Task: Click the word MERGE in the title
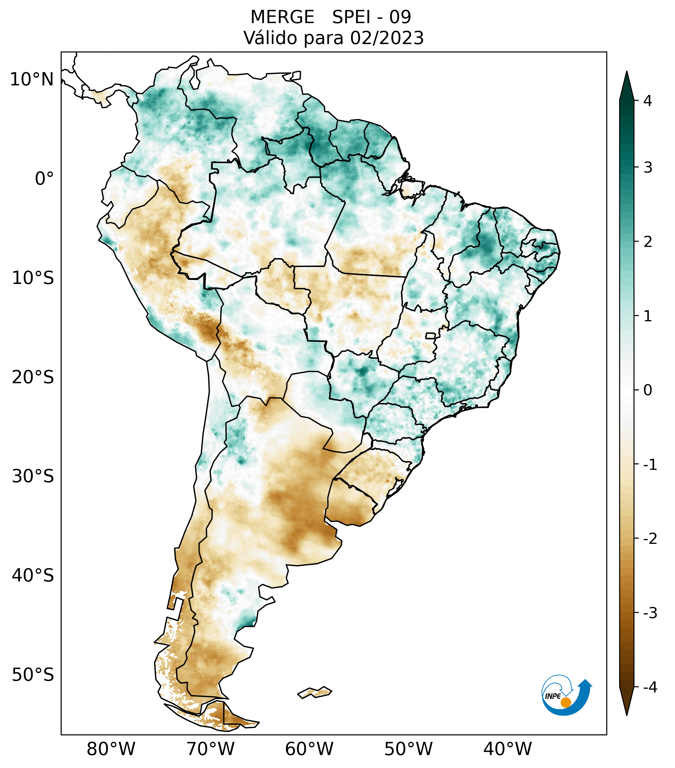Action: [282, 17]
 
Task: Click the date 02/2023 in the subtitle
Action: [387, 38]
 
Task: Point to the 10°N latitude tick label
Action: [32, 80]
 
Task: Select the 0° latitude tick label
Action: [44, 179]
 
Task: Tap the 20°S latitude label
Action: [33, 377]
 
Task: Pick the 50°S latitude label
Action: [33, 675]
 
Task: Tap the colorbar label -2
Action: [650, 539]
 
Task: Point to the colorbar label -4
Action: [650, 687]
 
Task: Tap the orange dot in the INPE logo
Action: [565, 702]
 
